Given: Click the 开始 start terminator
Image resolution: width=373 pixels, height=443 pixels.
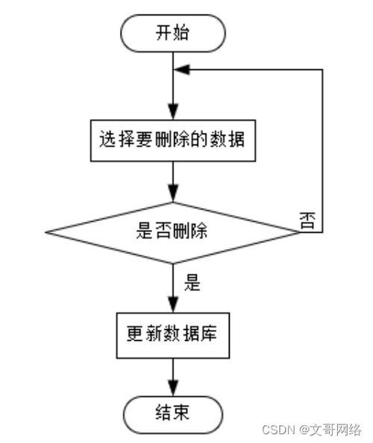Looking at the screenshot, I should [172, 34].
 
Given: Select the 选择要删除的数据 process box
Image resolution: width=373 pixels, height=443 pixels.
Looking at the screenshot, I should [172, 139].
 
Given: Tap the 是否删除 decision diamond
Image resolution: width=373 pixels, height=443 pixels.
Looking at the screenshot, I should [172, 232].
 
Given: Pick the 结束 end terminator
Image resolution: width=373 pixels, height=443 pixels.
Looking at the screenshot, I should [172, 412].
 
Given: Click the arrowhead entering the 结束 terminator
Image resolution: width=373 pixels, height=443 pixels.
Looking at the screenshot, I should [172, 388].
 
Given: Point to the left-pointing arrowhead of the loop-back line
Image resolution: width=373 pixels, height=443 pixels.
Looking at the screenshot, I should [181, 68].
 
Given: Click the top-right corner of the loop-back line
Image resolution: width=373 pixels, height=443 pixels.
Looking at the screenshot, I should [322, 68].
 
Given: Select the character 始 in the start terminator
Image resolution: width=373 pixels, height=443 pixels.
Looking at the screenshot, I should [184, 34].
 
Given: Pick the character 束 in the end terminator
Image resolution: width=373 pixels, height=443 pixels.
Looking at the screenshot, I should [184, 412].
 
